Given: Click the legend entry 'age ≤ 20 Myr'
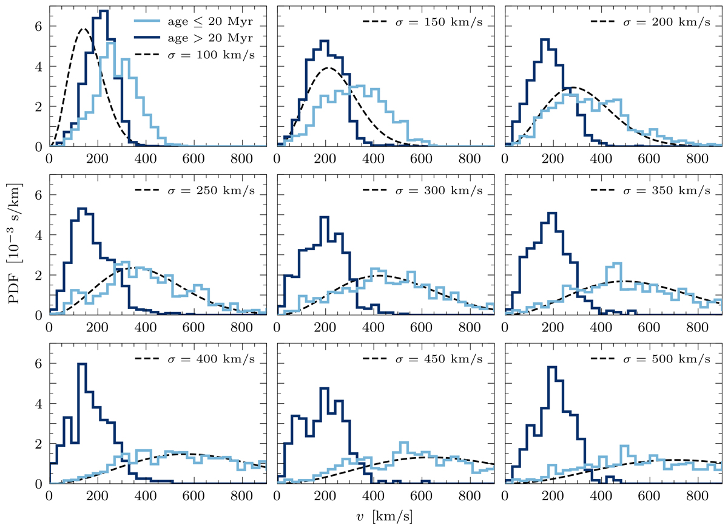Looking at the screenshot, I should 206,20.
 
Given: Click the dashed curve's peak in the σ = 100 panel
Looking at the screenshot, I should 84,29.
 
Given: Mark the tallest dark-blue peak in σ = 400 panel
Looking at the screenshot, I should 82,364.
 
